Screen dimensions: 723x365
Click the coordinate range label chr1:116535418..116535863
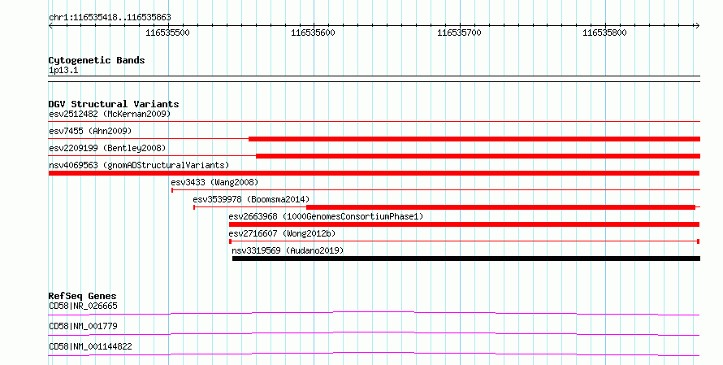110,18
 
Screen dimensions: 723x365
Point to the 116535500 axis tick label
167,33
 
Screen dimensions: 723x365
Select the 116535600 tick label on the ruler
313,33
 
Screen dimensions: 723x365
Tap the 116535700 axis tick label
459,33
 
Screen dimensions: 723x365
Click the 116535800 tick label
604,33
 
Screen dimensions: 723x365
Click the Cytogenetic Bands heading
97,60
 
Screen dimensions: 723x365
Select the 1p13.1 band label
63,70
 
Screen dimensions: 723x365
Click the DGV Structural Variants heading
114,104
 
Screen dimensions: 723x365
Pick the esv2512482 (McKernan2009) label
110,114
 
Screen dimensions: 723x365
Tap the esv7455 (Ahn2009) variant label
90,131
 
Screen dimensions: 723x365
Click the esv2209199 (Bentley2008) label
107,148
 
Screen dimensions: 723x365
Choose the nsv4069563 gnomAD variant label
139,165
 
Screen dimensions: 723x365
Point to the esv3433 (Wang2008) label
214,182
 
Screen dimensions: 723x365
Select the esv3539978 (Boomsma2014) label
251,199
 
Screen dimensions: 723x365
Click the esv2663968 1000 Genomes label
326,216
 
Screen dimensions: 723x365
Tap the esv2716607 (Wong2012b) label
282,233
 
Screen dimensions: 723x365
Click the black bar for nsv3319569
466,259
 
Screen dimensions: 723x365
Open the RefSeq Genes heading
83,296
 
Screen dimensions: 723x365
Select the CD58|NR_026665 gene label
83,306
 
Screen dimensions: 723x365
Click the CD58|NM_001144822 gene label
90,346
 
